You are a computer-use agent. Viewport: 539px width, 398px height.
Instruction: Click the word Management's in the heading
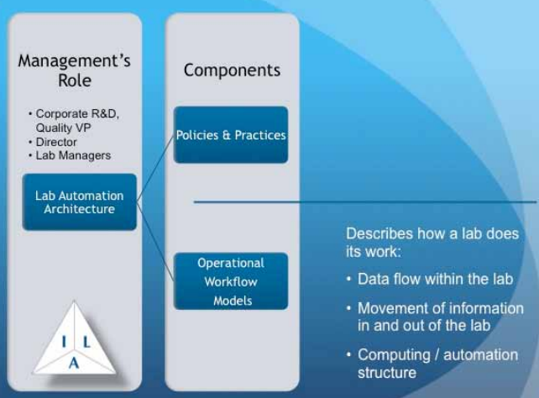(74, 60)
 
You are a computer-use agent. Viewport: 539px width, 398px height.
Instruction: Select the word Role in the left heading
(75, 81)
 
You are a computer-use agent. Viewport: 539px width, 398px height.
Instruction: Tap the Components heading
(232, 71)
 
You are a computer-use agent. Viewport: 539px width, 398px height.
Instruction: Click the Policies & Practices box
(231, 134)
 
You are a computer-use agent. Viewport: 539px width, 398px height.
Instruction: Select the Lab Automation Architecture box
(80, 202)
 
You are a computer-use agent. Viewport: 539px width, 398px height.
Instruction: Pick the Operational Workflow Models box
(231, 281)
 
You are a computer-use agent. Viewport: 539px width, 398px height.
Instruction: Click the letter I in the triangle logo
(64, 342)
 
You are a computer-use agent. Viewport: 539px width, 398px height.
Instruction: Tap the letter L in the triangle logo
(86, 342)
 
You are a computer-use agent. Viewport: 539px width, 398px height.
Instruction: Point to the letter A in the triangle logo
(74, 363)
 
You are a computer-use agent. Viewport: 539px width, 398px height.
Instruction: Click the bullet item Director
(56, 142)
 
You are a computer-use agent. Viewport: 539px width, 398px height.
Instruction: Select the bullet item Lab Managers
(73, 155)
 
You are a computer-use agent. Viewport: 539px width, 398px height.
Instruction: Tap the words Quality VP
(63, 128)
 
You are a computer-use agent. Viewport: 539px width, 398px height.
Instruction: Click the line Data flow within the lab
(436, 279)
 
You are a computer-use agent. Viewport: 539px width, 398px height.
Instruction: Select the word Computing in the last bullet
(394, 355)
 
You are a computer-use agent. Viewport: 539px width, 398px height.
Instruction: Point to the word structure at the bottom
(387, 373)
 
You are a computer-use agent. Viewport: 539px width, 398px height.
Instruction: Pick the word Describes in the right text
(379, 233)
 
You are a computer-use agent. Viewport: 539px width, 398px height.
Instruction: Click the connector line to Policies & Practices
(155, 168)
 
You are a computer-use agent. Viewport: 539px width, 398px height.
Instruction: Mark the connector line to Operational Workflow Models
(155, 242)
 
